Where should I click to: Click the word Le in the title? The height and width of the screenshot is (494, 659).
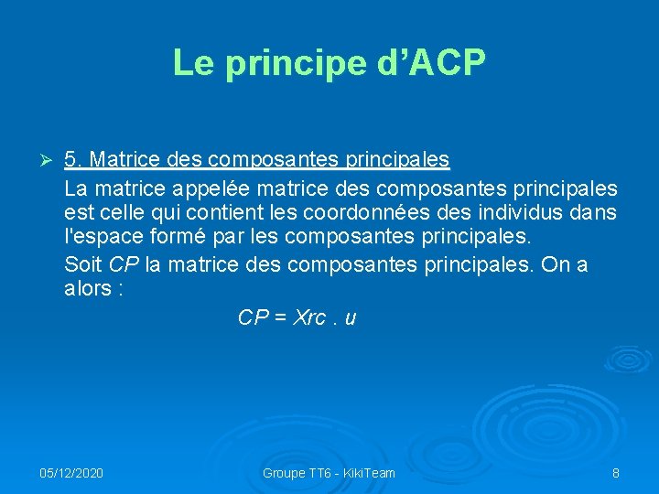pyautogui.click(x=190, y=63)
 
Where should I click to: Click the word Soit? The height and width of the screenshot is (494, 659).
pyautogui.click(x=83, y=265)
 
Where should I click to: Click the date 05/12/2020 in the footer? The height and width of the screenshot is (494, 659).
pyautogui.click(x=71, y=473)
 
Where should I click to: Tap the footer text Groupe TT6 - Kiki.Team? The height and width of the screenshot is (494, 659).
pyautogui.click(x=329, y=473)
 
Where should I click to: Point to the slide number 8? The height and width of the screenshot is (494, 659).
pyautogui.click(x=616, y=473)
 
